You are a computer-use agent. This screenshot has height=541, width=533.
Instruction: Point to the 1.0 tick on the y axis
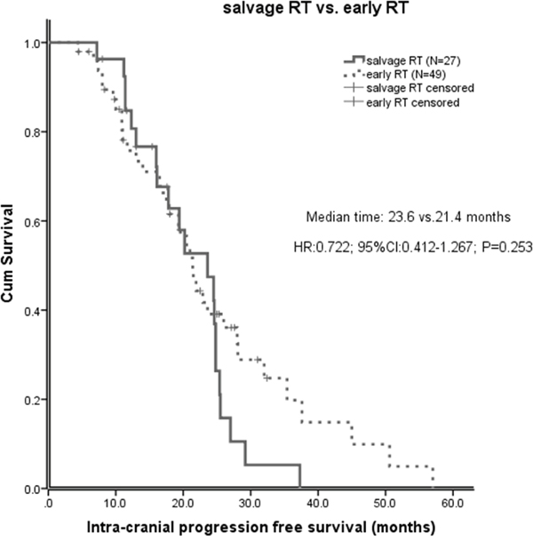click(31, 43)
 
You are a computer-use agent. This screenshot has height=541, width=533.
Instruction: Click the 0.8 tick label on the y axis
click(31, 131)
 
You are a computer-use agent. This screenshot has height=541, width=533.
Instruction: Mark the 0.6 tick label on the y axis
click(31, 221)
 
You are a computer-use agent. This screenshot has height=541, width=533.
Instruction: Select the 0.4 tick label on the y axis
click(31, 311)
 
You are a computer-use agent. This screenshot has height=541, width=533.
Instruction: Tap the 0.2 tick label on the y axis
click(31, 400)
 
